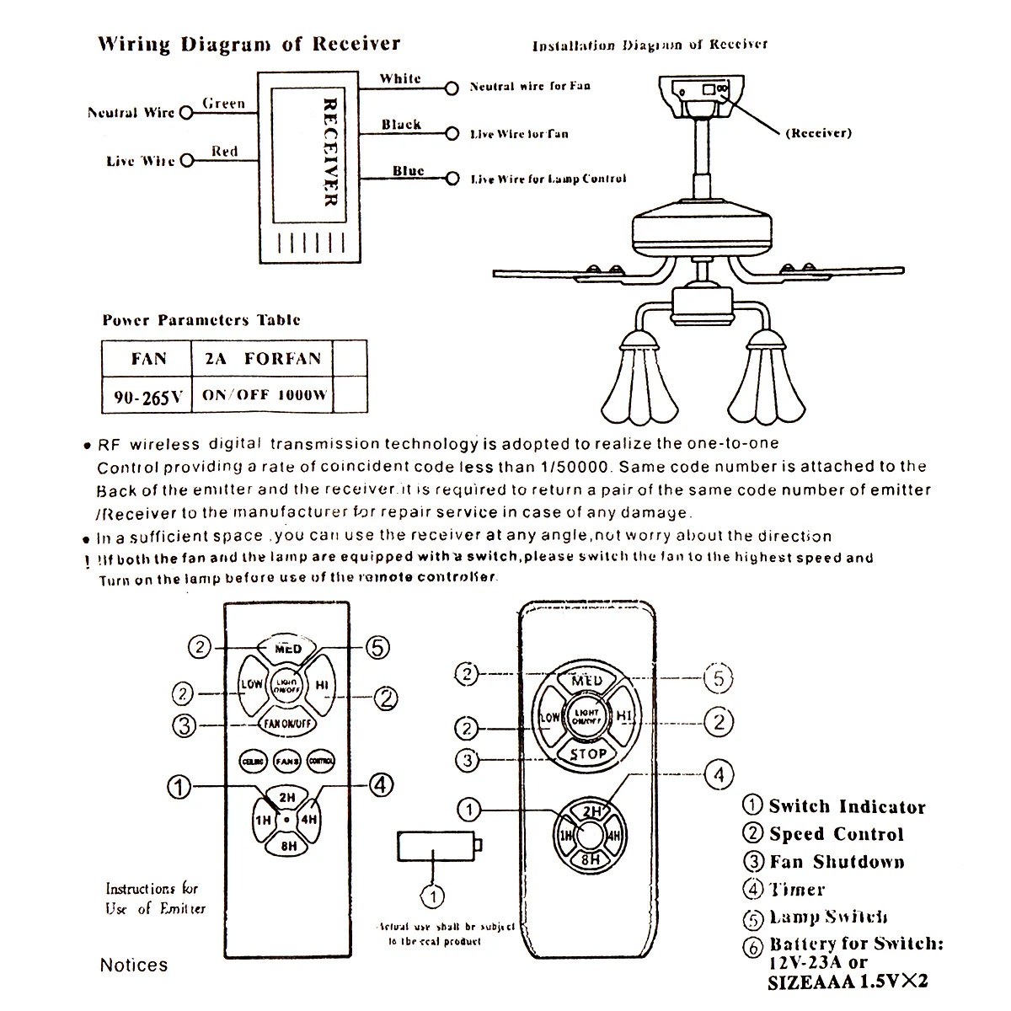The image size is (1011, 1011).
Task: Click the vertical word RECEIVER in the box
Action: [329, 152]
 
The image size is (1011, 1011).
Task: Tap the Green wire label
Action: [223, 104]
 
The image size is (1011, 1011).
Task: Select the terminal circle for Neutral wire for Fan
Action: [452, 87]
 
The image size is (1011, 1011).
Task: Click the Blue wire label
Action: [408, 170]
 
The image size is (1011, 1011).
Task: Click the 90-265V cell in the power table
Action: [147, 397]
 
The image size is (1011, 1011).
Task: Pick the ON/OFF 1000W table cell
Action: [264, 394]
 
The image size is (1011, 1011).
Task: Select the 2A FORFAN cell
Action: [263, 358]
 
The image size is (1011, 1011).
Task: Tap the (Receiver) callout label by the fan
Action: [818, 132]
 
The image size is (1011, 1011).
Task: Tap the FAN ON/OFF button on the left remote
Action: [286, 724]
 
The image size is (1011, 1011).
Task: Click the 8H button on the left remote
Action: [287, 846]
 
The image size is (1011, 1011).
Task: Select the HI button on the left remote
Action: [321, 685]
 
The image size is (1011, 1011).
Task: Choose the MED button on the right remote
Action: [586, 680]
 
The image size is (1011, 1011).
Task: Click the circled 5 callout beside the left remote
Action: [378, 647]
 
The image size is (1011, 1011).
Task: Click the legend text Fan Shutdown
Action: [836, 862]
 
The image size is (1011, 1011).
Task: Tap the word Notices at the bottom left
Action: [134, 965]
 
